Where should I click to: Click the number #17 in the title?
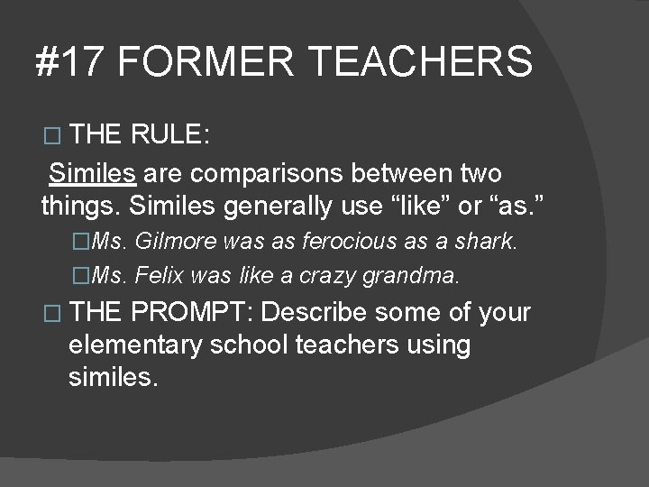(x=69, y=62)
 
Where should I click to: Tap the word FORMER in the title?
(x=206, y=62)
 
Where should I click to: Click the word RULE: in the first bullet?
(x=170, y=135)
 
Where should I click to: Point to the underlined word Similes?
(x=93, y=172)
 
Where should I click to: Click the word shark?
(x=486, y=242)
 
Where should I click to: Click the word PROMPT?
(x=195, y=313)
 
